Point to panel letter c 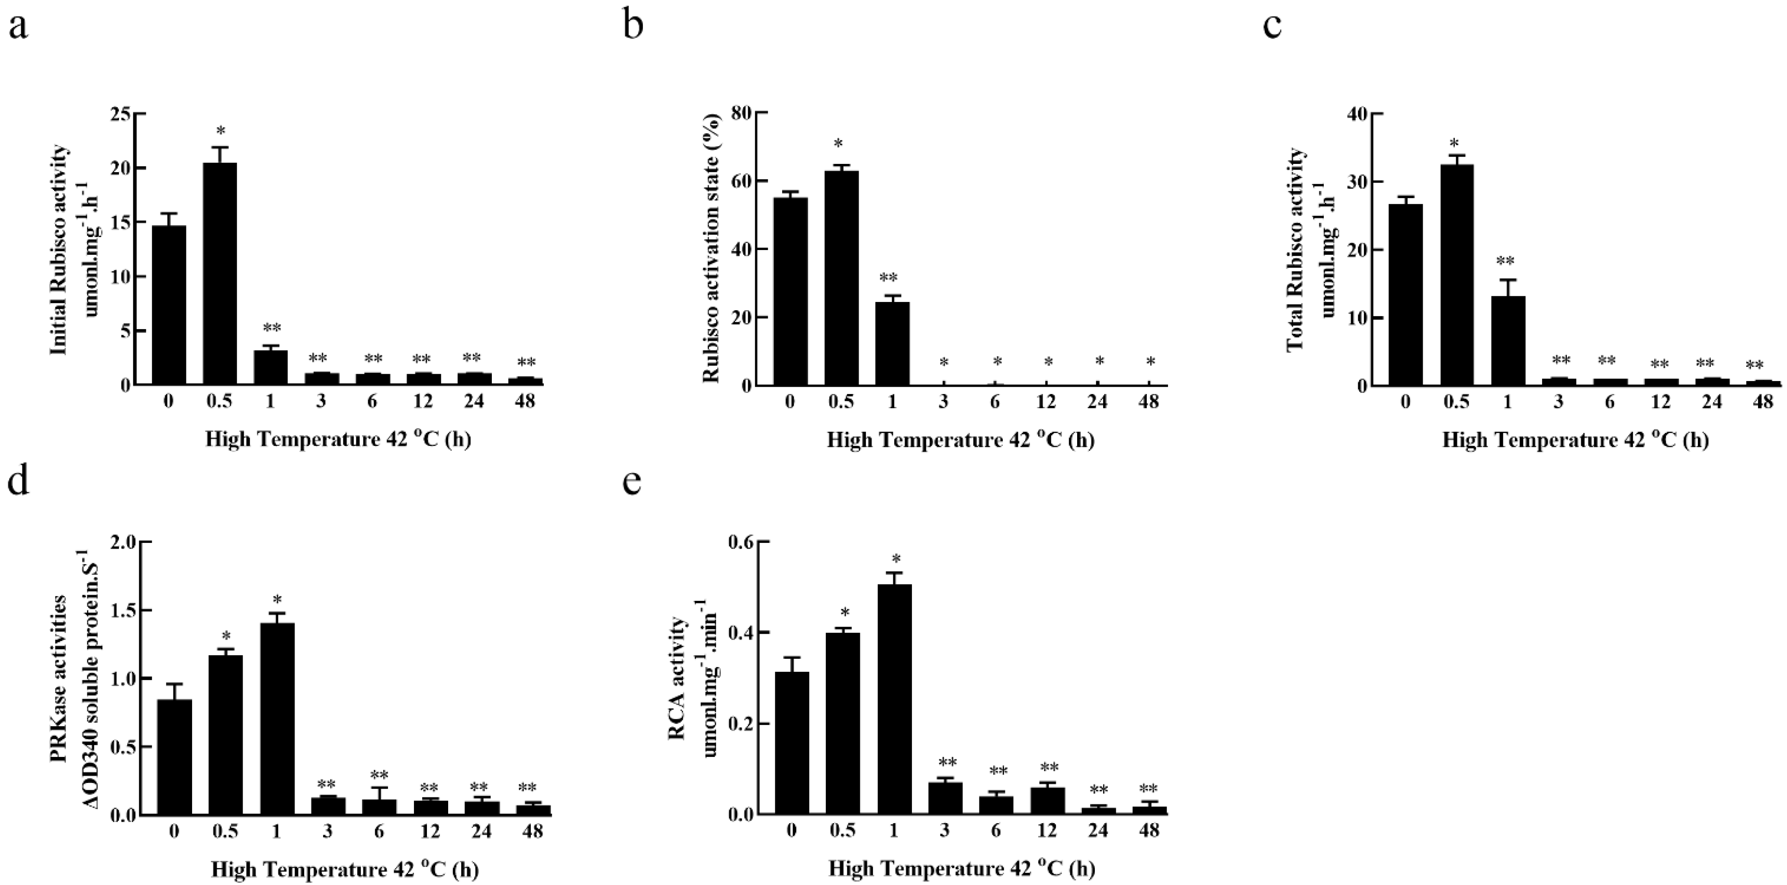click(x=1272, y=26)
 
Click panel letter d click(x=18, y=481)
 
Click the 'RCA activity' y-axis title click(x=677, y=678)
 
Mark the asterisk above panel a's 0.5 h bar click(x=221, y=131)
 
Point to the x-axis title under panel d click(x=345, y=869)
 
